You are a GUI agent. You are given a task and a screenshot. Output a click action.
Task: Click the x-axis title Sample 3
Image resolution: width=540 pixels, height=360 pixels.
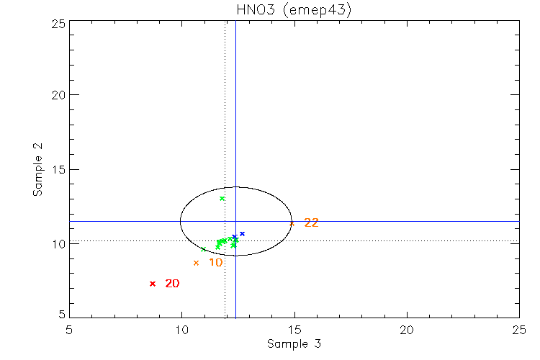coord(294,344)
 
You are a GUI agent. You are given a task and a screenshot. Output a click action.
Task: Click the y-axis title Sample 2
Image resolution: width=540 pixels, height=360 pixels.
coord(37,170)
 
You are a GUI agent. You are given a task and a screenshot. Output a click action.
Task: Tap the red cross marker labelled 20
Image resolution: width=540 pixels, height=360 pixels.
coord(153,284)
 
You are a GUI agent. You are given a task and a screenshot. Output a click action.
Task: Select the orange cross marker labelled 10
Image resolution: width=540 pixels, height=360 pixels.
coord(196,263)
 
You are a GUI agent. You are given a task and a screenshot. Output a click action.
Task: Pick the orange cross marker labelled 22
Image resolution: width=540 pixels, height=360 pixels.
coord(292,223)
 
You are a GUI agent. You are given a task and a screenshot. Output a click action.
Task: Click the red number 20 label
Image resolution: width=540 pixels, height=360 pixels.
coord(172,284)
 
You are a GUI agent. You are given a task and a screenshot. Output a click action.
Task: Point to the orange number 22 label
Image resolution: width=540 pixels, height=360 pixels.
coord(311,223)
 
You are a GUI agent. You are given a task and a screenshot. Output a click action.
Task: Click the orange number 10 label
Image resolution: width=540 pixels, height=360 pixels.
coord(215,263)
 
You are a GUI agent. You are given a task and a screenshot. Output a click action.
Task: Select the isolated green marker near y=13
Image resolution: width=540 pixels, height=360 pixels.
coord(222,198)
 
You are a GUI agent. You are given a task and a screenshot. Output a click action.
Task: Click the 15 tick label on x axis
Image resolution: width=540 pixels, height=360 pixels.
coord(294,328)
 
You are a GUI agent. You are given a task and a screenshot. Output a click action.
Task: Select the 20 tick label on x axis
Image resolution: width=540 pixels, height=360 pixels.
coord(407,328)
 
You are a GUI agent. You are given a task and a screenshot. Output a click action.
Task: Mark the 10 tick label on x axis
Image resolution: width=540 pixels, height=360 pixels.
coord(181,328)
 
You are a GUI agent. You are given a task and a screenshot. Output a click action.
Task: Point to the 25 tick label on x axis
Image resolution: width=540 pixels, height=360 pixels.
coord(518,328)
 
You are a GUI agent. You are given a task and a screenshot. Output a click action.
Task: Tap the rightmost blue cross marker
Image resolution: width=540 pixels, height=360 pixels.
coord(243,233)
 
